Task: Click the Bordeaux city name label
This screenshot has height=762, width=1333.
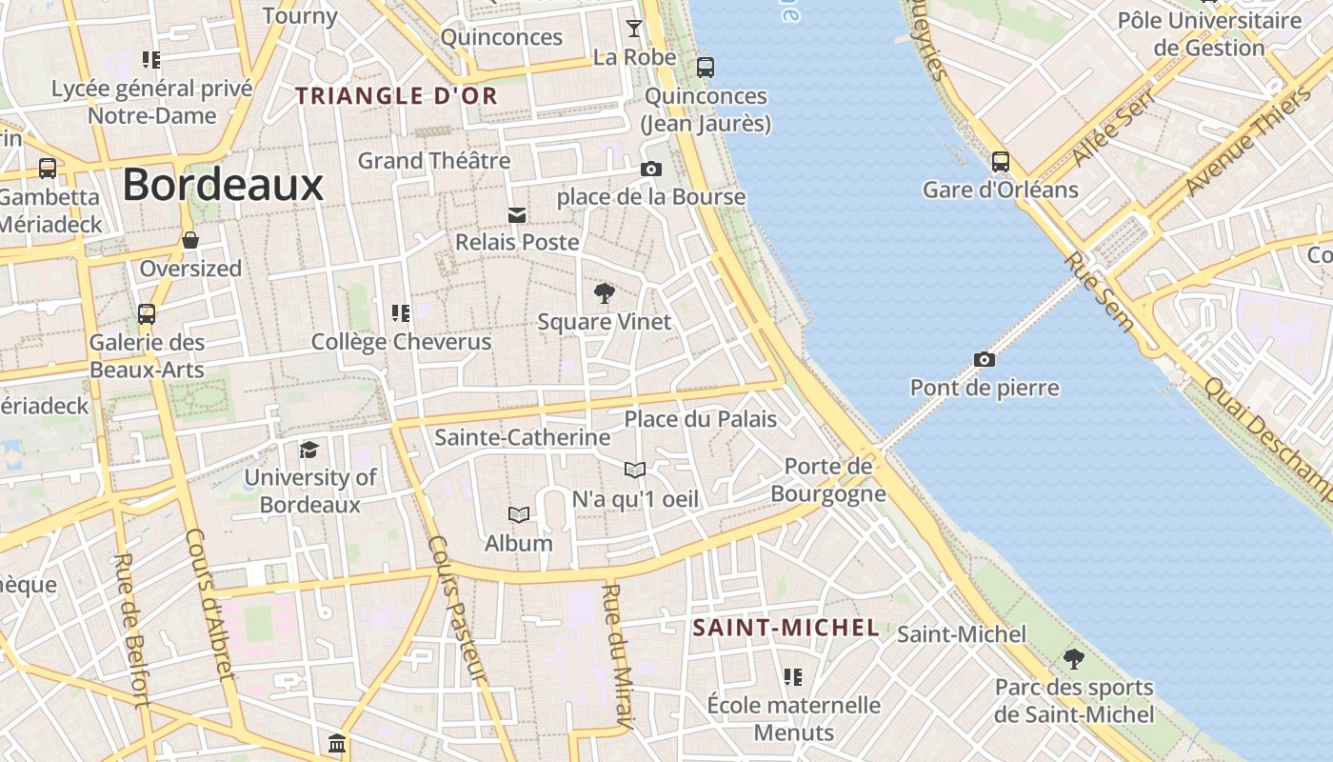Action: (223, 185)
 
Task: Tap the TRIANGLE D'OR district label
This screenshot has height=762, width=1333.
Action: (396, 96)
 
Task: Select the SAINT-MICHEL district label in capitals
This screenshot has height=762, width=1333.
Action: (786, 628)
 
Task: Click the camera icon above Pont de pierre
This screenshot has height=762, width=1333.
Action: (985, 359)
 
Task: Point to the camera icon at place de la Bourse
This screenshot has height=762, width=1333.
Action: (651, 169)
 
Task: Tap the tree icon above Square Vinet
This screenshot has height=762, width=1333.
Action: (604, 292)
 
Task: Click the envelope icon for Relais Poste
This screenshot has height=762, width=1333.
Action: (517, 214)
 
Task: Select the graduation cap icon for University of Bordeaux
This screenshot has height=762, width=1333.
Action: (309, 450)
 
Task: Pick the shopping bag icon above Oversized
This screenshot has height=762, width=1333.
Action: (190, 240)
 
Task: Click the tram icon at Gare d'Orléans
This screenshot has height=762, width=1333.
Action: (1000, 161)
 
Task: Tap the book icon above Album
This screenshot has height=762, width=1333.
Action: (519, 515)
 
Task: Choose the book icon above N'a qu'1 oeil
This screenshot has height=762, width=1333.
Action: (635, 470)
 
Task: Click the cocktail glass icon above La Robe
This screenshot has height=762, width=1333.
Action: (634, 29)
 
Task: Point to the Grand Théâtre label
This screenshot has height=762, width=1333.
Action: (434, 160)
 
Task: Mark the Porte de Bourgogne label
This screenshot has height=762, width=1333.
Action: (827, 480)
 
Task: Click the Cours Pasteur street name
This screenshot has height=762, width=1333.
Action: (457, 610)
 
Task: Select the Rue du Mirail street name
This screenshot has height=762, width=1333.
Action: (617, 657)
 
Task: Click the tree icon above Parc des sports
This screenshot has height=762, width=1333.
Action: (1074, 658)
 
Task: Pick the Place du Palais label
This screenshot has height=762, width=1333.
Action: (700, 419)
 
